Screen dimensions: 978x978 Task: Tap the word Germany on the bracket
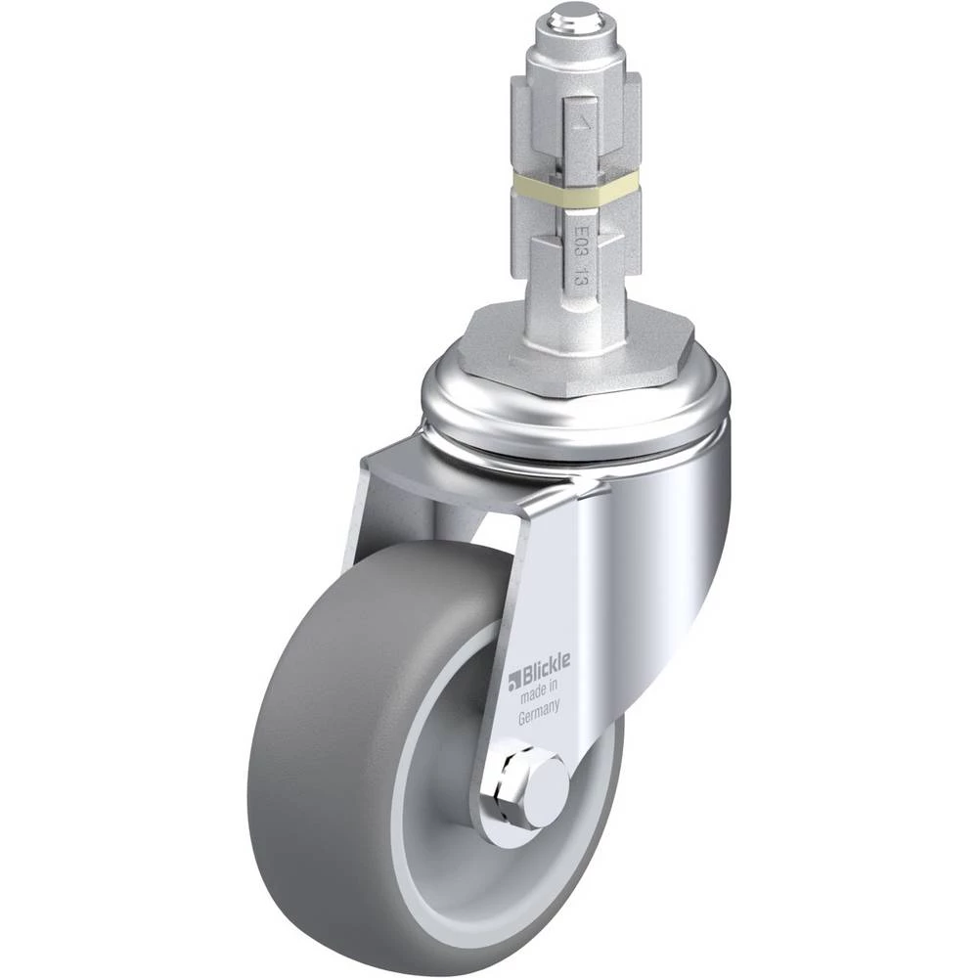(539, 711)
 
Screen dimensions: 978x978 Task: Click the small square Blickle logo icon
(514, 681)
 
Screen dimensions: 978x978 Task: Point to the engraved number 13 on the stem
(579, 275)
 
